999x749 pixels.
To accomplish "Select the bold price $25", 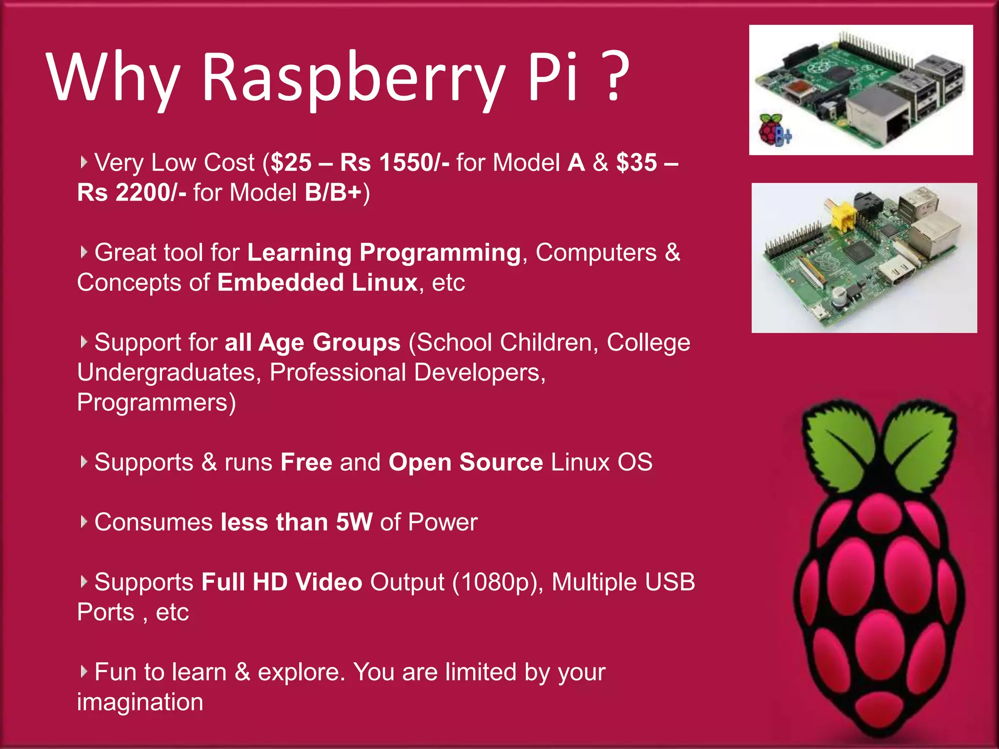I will coord(291,162).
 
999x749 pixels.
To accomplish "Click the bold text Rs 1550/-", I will coord(395,162).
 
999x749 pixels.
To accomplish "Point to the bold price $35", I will coord(636,162).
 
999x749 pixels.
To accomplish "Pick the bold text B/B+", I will coord(333,193).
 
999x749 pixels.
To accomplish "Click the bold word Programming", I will coord(440,253).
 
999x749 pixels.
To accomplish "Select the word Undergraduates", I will coord(166,373).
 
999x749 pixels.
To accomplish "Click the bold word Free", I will coord(306,462).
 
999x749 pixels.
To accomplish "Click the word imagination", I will coord(140,702).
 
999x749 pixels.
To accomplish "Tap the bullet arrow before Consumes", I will coord(84,522).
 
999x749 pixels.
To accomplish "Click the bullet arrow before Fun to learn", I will coord(84,671).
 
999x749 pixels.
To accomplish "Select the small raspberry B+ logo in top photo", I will coord(774,130).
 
